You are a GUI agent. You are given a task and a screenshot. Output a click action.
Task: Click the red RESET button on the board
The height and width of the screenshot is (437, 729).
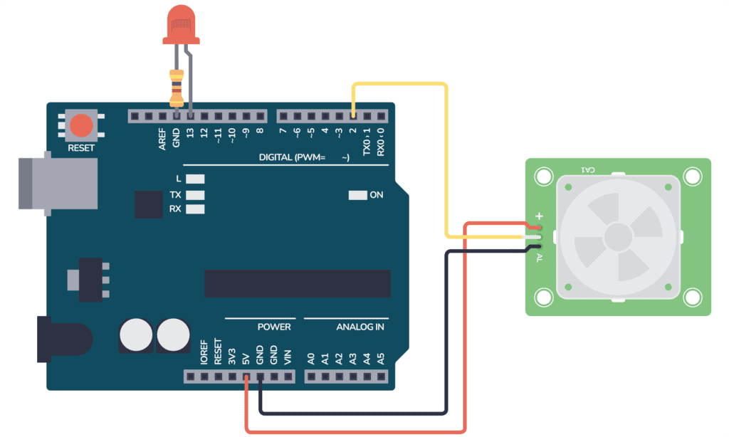coord(81,126)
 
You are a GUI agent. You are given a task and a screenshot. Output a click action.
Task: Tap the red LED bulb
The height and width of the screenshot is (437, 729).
coord(182,21)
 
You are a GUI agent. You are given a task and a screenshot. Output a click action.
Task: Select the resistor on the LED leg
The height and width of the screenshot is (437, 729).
coord(177,88)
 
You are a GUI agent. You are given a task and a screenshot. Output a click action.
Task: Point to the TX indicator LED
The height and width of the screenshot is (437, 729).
coord(195,194)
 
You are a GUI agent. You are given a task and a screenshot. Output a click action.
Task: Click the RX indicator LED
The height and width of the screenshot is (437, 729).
coord(195,209)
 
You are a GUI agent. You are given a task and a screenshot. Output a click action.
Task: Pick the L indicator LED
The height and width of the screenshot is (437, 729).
coord(195,179)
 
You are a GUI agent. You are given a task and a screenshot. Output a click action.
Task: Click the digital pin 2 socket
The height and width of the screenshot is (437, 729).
coord(354,115)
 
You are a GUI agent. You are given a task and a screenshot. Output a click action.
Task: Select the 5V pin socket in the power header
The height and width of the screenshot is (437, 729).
coord(246,376)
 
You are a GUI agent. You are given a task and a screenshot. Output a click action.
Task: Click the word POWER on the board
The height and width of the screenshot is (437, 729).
coord(274,327)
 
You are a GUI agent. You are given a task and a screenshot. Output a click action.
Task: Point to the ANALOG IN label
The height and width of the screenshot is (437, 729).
coord(360,327)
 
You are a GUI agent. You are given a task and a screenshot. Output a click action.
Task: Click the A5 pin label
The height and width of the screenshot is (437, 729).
coord(380,357)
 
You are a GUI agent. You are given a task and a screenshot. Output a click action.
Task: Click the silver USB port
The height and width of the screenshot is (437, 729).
coord(57,184)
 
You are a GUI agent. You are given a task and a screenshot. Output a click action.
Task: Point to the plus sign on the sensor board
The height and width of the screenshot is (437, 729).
coord(539,216)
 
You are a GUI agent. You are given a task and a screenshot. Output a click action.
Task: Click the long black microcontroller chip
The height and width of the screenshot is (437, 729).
coord(298,283)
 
